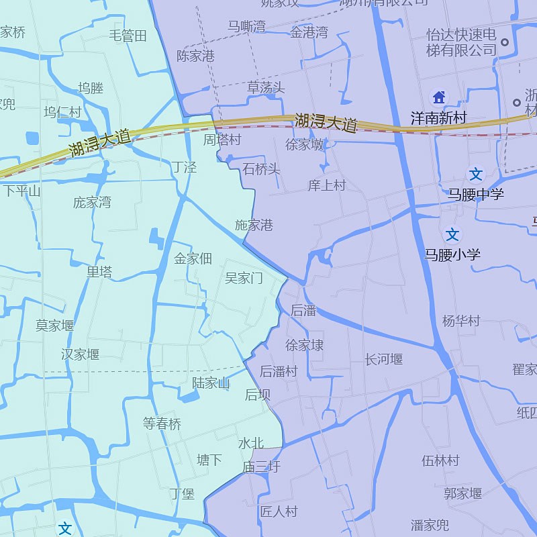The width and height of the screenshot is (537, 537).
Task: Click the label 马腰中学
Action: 476,195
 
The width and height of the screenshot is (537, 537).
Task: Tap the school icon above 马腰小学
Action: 453,234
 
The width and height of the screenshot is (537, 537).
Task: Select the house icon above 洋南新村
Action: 439,97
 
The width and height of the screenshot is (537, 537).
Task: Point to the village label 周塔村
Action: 222,140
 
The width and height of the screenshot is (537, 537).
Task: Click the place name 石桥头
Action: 261,168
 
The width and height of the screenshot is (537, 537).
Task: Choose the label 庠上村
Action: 326,185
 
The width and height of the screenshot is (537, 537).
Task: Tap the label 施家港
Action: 254,225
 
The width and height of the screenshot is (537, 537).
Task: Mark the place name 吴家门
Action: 244,278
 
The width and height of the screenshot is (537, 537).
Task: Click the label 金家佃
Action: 193,258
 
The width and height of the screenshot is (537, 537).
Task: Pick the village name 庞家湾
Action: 92,202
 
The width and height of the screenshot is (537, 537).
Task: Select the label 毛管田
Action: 128,36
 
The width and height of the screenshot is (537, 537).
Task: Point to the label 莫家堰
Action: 55,326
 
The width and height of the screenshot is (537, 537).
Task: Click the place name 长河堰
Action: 384,359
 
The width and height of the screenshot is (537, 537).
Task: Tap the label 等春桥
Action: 162,424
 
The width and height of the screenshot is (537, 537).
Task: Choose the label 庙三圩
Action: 262,467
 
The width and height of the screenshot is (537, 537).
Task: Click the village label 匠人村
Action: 279,511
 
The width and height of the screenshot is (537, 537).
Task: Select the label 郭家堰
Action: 462,493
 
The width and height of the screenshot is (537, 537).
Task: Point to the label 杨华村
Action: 461,321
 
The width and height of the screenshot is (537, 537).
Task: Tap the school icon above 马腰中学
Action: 476,175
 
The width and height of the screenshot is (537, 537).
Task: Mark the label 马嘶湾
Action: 246,26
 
